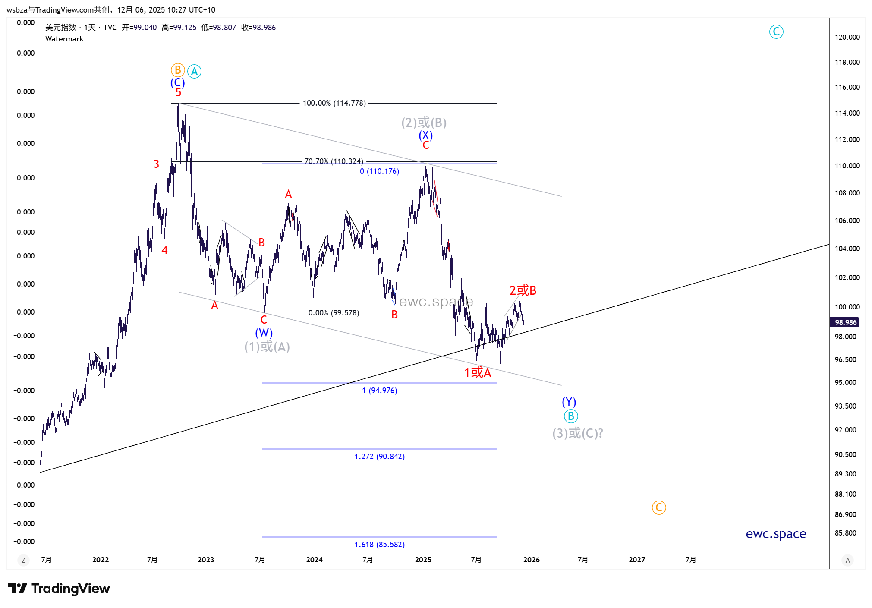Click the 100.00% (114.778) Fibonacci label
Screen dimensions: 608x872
[x=334, y=103]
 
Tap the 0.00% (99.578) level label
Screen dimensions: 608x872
[x=334, y=313]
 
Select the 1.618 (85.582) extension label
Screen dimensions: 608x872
[x=379, y=545]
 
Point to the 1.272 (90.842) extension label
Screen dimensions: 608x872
[x=379, y=457]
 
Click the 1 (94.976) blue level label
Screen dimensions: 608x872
[x=379, y=391]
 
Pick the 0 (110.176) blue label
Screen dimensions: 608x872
[x=379, y=171]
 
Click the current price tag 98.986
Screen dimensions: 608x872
[x=845, y=322]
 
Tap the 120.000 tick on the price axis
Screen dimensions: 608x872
[x=847, y=37]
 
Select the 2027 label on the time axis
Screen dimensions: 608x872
[x=636, y=560]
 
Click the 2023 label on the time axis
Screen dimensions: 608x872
[x=206, y=560]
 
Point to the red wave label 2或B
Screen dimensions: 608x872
[x=523, y=290]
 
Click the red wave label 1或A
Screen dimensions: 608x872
[x=477, y=372]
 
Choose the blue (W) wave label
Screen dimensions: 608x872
[x=264, y=333]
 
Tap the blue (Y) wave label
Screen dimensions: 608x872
[x=569, y=402]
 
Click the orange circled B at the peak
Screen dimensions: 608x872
[x=178, y=70]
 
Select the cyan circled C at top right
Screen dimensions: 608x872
[x=776, y=32]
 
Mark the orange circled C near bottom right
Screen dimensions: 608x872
[x=658, y=507]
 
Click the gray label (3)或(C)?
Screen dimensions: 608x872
[x=577, y=433]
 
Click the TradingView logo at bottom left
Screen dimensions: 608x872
[x=59, y=589]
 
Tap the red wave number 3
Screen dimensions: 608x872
[x=156, y=164]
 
